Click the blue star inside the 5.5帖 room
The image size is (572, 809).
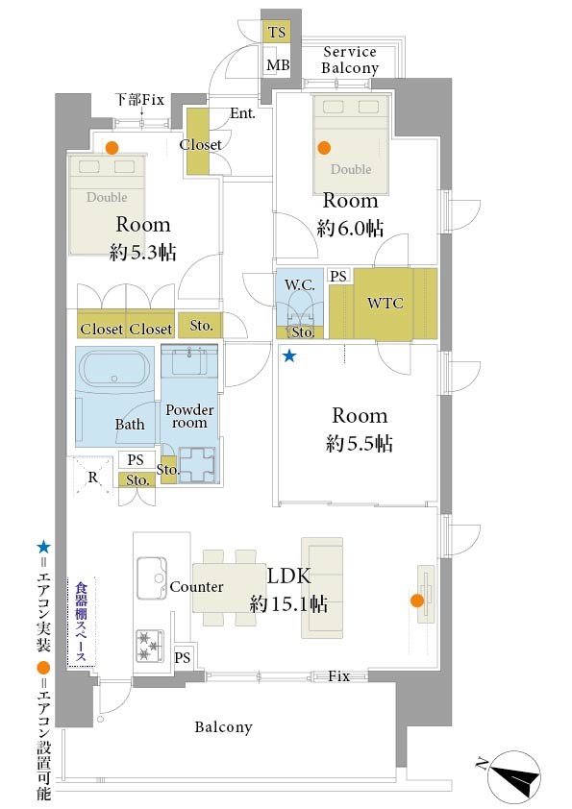pos(289,355)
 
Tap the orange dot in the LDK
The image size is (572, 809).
pos(417,601)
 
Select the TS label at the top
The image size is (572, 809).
pos(277,32)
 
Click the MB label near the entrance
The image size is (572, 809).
pos(278,65)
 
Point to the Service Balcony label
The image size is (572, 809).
pos(350,60)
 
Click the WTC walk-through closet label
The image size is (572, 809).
pos(385,303)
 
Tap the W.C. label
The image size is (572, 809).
pos(300,284)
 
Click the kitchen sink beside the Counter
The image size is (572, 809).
pos(152,577)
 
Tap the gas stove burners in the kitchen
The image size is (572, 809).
pos(150,645)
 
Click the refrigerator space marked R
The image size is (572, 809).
pos(92,477)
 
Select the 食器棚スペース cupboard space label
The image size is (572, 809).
pos(81,622)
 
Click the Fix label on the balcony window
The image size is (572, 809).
pos(338,675)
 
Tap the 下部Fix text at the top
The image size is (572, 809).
pos(139,99)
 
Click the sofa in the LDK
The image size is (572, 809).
pos(322,588)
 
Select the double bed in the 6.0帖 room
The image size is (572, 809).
pos(351,144)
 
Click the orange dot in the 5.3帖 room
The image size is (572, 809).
pos(112,148)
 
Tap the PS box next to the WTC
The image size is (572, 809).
pos(338,276)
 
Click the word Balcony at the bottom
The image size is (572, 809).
pos(224,727)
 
